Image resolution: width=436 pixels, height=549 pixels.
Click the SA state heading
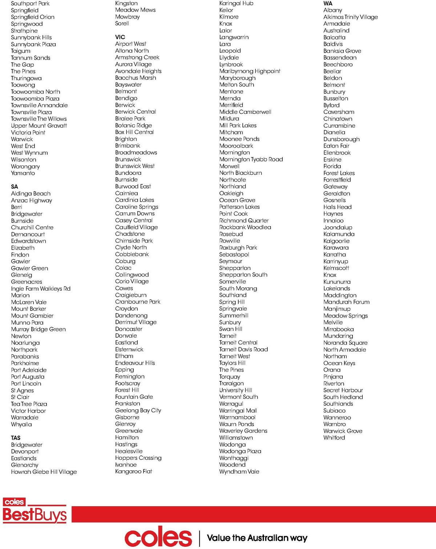click(15, 187)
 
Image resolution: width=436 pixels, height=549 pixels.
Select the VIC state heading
click(120, 37)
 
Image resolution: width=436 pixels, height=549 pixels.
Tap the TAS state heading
click(16, 438)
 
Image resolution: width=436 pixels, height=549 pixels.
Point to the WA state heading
click(328, 3)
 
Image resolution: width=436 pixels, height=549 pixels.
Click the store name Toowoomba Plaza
click(35, 98)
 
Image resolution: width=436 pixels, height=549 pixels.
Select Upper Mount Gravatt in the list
click(39, 126)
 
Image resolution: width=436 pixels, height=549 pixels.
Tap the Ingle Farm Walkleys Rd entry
click(41, 288)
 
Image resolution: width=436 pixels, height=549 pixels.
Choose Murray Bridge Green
click(38, 329)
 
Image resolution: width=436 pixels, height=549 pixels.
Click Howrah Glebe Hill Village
click(44, 472)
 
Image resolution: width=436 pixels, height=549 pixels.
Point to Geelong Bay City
click(138, 410)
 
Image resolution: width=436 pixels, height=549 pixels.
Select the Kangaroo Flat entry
click(133, 471)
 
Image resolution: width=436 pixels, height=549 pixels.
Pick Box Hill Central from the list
click(134, 132)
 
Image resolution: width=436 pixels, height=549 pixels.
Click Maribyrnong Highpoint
click(250, 71)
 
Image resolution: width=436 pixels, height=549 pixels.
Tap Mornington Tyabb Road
click(251, 159)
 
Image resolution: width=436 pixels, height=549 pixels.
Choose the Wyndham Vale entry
click(239, 471)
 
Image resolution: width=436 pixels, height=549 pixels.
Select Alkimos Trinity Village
click(350, 17)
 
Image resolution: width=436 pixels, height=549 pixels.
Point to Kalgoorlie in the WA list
click(336, 241)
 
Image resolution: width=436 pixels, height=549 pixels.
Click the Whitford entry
click(334, 438)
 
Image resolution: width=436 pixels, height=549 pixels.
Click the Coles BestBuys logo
click(35, 511)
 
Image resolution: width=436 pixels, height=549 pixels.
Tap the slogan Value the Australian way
click(257, 538)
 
